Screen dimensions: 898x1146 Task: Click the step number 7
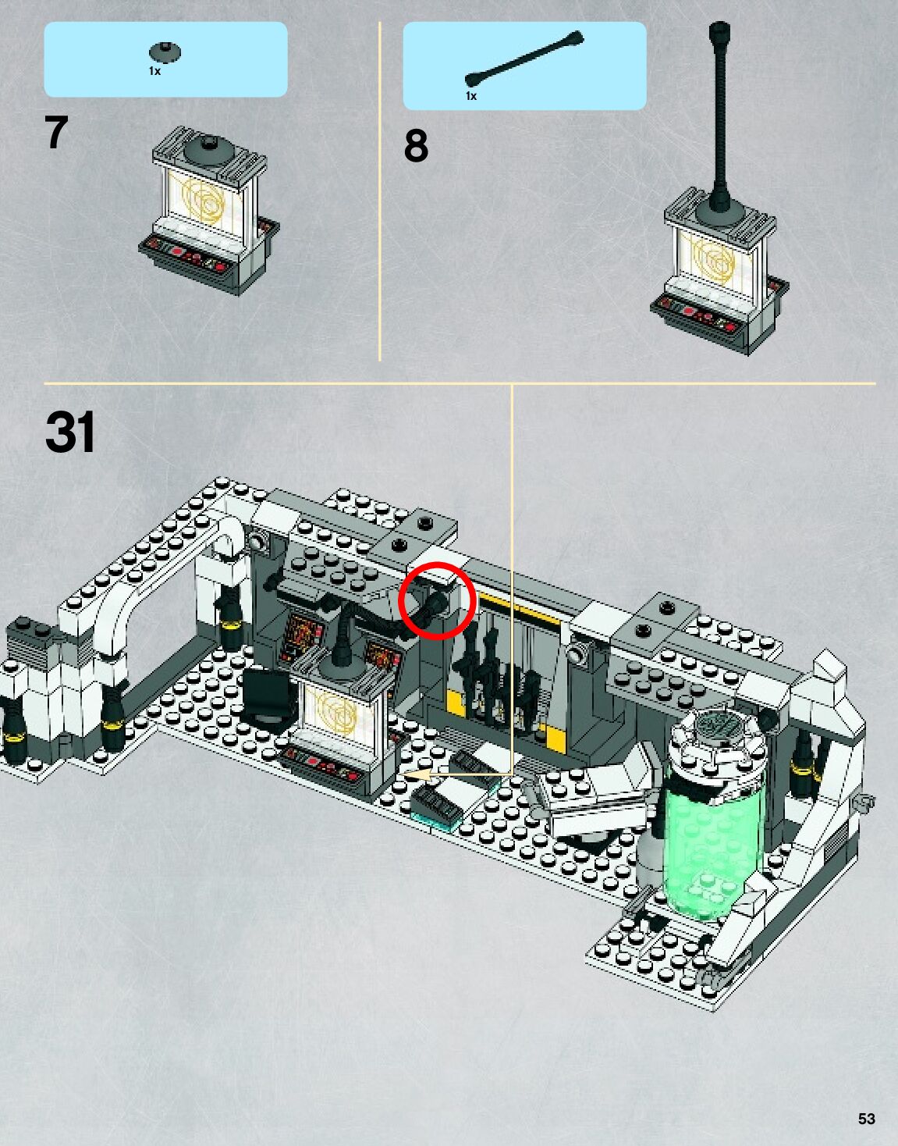[56, 133]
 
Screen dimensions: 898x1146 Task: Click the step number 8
[416, 146]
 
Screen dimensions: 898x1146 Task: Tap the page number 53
[866, 1119]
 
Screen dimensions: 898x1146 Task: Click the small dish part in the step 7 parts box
[165, 53]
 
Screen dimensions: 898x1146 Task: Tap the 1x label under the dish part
[154, 71]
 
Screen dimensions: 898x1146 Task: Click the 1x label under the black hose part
[470, 96]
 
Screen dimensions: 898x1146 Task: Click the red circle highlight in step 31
[437, 600]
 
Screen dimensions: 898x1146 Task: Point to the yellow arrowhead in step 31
[418, 775]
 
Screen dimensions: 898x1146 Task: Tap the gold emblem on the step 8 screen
[715, 262]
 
